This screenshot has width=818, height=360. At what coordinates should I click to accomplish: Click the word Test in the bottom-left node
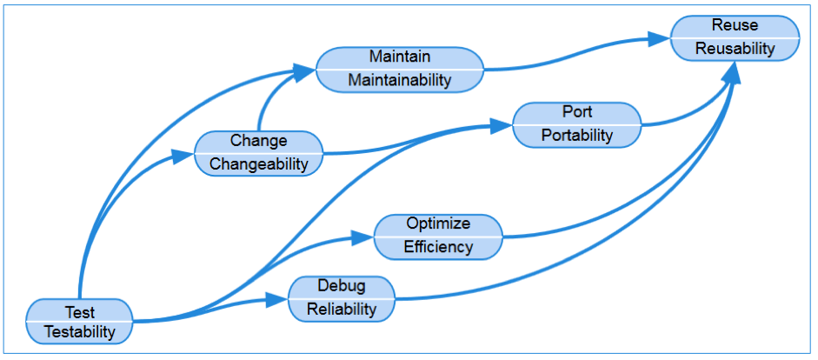(x=80, y=312)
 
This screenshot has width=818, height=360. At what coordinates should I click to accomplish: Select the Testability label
(x=80, y=332)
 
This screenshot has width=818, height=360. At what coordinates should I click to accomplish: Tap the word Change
(x=259, y=140)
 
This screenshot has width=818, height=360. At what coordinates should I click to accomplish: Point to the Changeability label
(x=259, y=164)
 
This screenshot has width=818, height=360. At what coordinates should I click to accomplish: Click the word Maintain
(x=400, y=56)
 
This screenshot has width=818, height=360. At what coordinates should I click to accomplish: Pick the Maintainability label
(x=400, y=80)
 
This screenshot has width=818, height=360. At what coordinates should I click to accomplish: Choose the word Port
(x=577, y=111)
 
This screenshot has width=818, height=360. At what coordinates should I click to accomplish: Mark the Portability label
(x=577, y=135)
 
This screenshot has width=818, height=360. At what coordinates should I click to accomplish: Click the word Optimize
(x=438, y=223)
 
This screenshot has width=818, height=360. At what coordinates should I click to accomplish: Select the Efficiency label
(x=438, y=247)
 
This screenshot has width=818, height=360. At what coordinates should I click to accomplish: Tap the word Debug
(x=342, y=286)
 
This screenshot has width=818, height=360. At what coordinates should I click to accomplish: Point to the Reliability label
(x=342, y=310)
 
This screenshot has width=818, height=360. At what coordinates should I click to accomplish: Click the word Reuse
(x=735, y=25)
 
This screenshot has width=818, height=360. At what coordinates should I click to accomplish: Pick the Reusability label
(x=735, y=49)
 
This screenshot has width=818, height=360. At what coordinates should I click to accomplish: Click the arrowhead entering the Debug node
(x=276, y=299)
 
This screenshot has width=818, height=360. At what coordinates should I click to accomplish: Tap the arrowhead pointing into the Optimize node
(x=362, y=238)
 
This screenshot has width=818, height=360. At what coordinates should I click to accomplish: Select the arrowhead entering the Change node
(x=183, y=155)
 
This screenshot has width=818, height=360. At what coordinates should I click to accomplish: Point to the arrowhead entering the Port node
(x=502, y=126)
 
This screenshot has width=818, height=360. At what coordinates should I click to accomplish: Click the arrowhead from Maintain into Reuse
(x=659, y=39)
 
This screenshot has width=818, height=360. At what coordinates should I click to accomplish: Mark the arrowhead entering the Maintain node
(x=304, y=71)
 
